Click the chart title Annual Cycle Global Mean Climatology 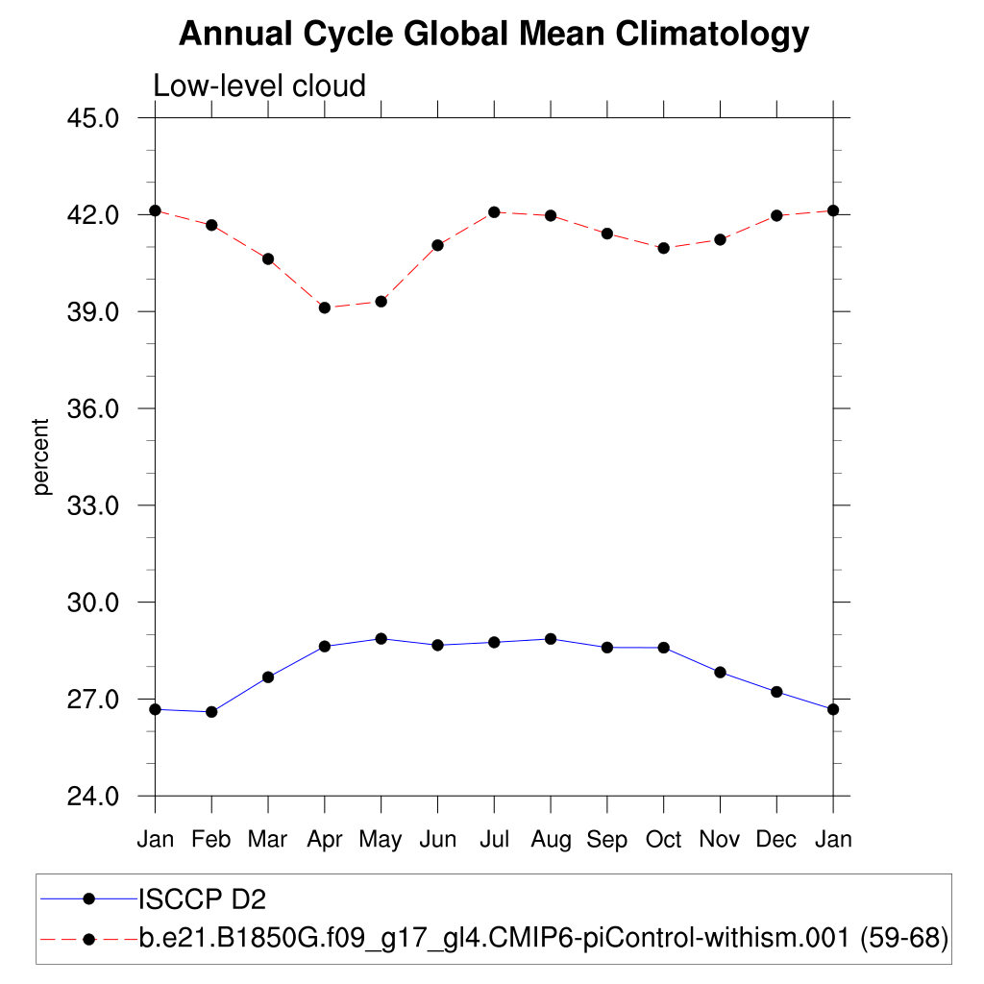pos(494,35)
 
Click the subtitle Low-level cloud pos(259,86)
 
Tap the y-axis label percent pos(41,456)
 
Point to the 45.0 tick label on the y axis pos(94,118)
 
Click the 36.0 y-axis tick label pos(94,408)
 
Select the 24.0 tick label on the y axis pos(94,797)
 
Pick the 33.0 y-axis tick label pos(94,505)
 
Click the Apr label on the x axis pos(325,840)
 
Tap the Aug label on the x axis pos(551,840)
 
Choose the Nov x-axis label pos(720,840)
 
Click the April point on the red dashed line pos(325,307)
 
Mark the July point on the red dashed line pos(494,211)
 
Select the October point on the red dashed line pos(663,248)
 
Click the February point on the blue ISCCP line pos(211,712)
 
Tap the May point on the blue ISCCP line pos(381,638)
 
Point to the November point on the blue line pos(720,672)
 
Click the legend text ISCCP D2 pos(203,899)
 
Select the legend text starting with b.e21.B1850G pos(544,938)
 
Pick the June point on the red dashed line pos(438,245)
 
